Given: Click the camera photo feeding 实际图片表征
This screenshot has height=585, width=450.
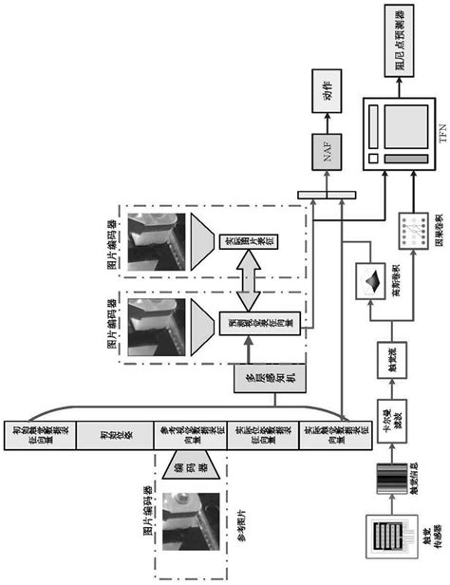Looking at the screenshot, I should coord(158,240).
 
